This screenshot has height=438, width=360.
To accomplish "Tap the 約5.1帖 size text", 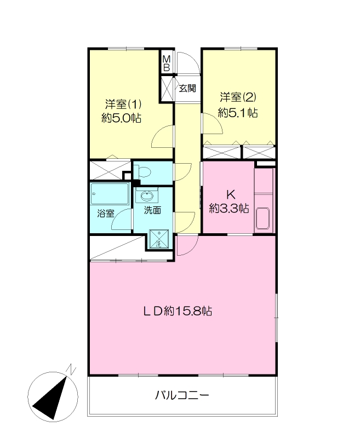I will tap(238, 113).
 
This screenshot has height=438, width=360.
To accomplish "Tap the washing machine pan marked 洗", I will tap(159, 239).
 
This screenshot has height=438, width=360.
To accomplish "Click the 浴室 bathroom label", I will tap(106, 214).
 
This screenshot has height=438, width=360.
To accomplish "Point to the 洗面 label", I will tap(152, 210).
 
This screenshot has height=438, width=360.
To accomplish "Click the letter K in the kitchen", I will tap(230, 194).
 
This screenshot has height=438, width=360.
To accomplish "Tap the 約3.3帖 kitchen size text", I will tap(230, 208).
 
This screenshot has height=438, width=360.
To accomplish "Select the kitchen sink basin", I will tap(264, 219).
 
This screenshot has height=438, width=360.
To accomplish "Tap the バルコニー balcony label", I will tap(182, 395).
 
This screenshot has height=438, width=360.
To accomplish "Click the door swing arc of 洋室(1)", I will tap(162, 135).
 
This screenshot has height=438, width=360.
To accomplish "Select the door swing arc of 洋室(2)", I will tap(212, 125).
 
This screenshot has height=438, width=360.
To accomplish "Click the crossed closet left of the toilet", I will tap(110, 170).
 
